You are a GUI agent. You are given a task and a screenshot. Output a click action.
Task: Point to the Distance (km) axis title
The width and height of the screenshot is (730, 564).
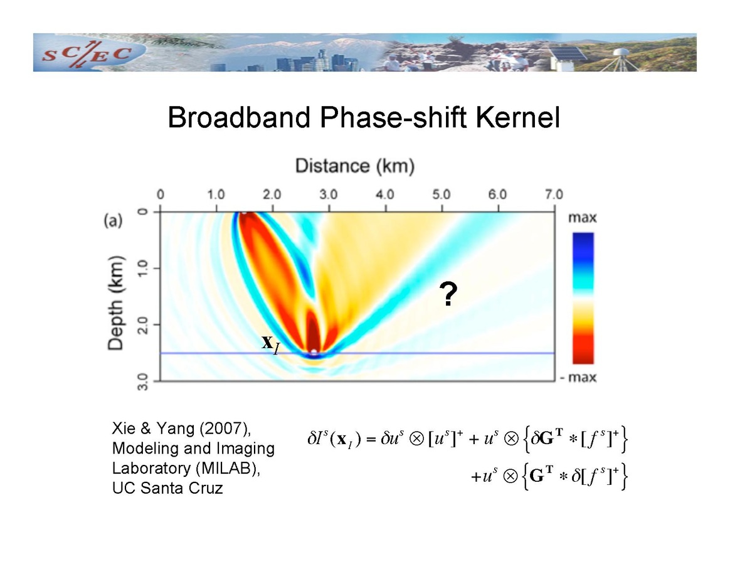click(355, 166)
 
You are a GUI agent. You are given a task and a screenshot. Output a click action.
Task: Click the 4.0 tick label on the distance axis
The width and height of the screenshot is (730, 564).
click(384, 194)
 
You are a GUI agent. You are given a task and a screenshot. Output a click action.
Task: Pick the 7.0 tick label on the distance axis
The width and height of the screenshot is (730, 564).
click(553, 194)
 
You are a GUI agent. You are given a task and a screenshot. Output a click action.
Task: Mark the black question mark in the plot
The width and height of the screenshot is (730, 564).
click(447, 294)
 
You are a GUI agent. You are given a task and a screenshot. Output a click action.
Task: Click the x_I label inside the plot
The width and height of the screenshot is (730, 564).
click(270, 343)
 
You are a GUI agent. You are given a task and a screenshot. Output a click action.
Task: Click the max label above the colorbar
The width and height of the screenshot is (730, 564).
click(583, 218)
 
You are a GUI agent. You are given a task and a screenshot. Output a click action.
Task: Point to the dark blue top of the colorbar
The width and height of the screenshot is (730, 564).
click(583, 242)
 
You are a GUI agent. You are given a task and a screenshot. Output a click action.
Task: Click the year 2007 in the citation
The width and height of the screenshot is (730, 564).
click(217, 429)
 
